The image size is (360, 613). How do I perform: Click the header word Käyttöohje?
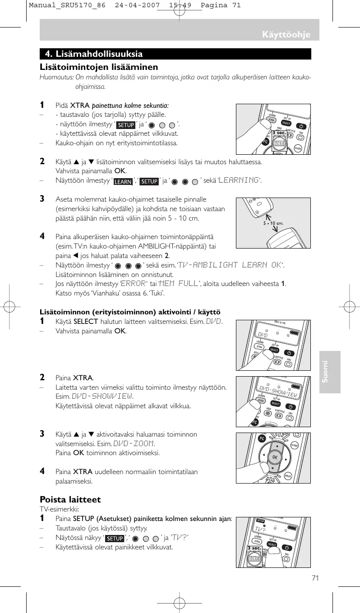pyautogui.click(x=287, y=35)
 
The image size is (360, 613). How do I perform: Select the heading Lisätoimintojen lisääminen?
pyautogui.click(x=99, y=67)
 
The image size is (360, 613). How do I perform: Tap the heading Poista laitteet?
pyautogui.click(x=70, y=499)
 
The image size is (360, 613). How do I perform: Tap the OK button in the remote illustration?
pyautogui.click(x=274, y=457)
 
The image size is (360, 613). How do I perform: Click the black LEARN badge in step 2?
pyautogui.click(x=123, y=182)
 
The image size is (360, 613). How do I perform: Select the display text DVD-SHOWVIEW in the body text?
pyautogui.click(x=102, y=396)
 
